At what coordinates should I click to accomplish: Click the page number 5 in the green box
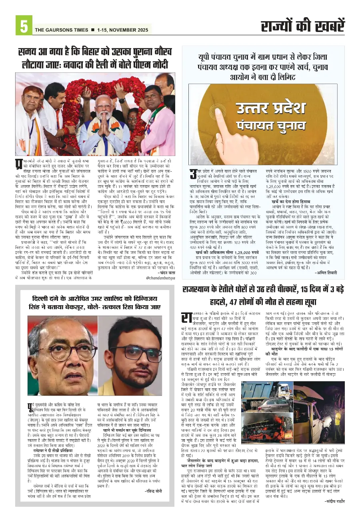coord(24,26)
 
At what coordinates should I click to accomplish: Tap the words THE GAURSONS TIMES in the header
coord(61,30)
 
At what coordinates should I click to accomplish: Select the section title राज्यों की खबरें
coord(302,27)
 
